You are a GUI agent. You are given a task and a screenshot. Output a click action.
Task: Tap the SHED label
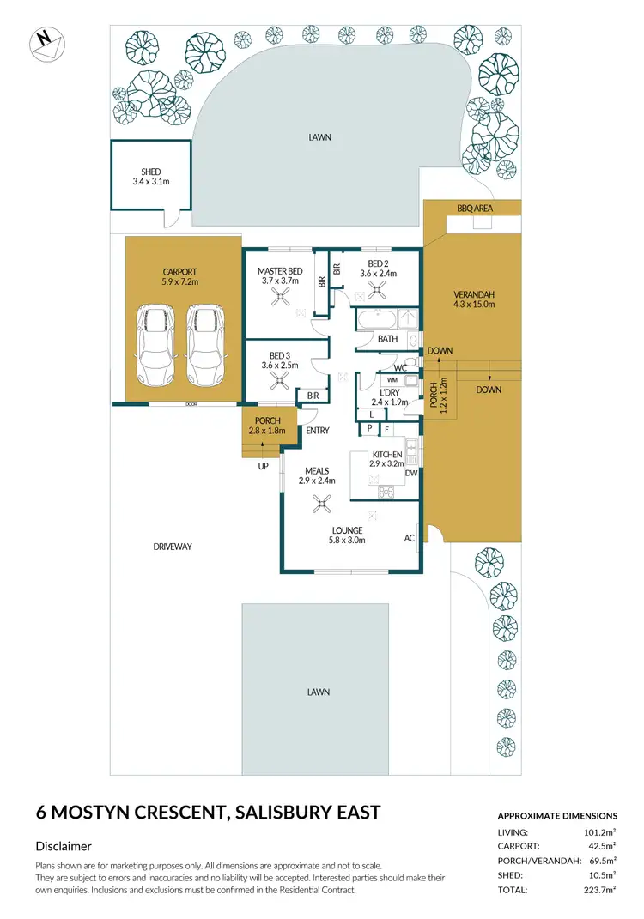point(151,172)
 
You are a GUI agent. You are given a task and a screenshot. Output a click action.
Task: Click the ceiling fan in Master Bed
point(279,298)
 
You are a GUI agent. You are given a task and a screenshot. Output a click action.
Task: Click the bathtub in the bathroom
point(377,320)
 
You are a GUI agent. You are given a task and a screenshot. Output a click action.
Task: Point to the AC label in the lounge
point(409,539)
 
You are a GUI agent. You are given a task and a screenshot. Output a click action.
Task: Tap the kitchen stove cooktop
point(386,492)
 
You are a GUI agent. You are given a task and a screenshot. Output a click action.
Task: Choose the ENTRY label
point(318,431)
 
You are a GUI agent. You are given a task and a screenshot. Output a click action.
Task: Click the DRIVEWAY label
point(173,547)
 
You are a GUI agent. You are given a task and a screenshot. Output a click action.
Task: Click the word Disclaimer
point(64,846)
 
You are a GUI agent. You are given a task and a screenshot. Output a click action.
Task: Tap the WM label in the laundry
point(392,379)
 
